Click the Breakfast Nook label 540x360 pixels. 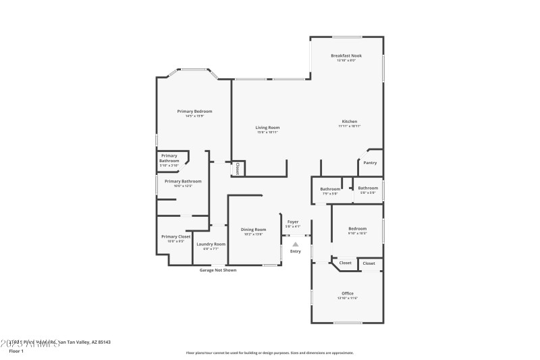[346, 55]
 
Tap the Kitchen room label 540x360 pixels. [349, 122]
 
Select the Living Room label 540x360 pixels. [267, 127]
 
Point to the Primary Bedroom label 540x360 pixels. [194, 111]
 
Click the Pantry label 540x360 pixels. [370, 162]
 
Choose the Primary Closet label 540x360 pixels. [175, 236]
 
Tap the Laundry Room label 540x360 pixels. [211, 244]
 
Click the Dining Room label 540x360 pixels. [254, 230]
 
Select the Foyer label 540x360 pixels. [292, 222]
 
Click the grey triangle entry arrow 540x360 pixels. [295, 245]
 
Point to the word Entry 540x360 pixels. [296, 251]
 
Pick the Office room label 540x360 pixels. [348, 293]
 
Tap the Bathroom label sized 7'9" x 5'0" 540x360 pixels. [330, 189]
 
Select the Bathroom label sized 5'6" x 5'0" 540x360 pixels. [368, 188]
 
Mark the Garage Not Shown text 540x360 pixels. [218, 270]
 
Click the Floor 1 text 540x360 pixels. [16, 351]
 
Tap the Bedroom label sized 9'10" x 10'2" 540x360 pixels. [357, 228]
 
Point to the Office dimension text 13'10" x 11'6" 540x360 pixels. [348, 298]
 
